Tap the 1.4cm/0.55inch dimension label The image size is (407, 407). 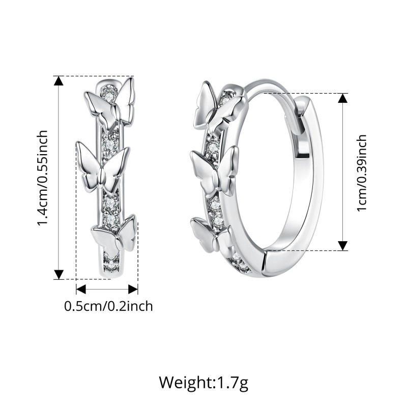tap(43, 178)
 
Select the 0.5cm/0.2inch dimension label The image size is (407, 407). tap(108, 306)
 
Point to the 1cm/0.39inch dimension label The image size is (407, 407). tap(362, 173)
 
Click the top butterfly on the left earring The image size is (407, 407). tap(110, 104)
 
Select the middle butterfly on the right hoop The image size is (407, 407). tap(214, 172)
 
